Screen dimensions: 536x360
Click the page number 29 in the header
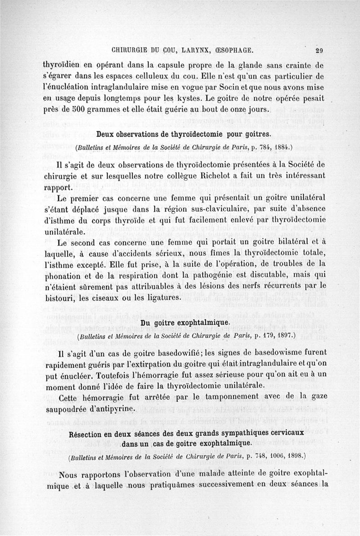pos(320,50)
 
